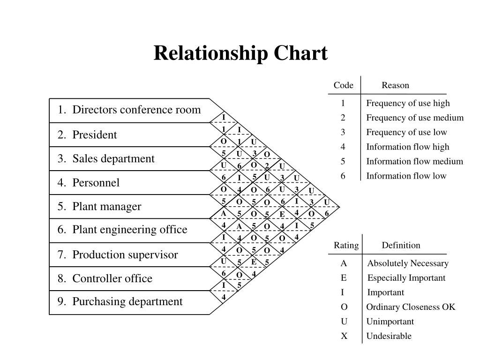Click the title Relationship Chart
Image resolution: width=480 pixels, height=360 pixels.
(240, 53)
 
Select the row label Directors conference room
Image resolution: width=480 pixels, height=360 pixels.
(129, 110)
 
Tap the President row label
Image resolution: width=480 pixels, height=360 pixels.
(87, 135)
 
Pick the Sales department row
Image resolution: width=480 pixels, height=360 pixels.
(106, 159)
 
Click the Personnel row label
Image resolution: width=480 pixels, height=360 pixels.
(89, 183)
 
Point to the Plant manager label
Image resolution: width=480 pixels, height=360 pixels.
(99, 207)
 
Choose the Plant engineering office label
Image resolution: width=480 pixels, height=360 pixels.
(122, 230)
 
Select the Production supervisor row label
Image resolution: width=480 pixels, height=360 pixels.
(118, 255)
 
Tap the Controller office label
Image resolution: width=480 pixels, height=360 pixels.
(105, 279)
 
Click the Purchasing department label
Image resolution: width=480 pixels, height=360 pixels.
(120, 301)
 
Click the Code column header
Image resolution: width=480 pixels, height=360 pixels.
(344, 85)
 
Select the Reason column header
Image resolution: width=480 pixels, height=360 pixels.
(395, 85)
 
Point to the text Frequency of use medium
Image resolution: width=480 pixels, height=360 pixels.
(415, 118)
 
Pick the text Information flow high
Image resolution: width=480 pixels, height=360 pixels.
(408, 147)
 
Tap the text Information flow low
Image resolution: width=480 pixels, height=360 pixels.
(406, 176)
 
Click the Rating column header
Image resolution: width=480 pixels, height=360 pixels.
(346, 245)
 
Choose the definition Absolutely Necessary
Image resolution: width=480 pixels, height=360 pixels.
(408, 263)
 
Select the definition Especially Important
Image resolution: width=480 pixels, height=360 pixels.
(406, 278)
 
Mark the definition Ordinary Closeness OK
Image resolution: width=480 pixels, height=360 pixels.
(411, 307)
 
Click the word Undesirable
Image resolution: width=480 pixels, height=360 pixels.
(389, 336)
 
